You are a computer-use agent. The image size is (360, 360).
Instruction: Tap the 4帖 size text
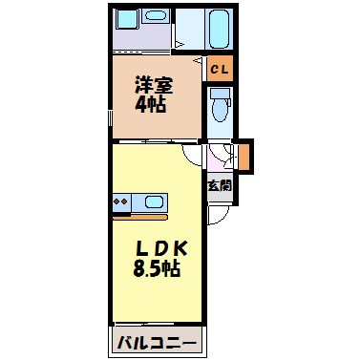click(x=151, y=104)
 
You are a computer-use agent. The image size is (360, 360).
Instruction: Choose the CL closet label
click(x=219, y=69)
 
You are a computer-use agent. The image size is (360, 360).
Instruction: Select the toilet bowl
click(x=219, y=108)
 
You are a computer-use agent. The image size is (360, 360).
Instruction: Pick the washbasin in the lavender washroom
click(x=129, y=22)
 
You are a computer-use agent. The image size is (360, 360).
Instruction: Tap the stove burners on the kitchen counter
click(x=121, y=202)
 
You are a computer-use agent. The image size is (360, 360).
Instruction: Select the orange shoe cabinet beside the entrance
click(x=244, y=154)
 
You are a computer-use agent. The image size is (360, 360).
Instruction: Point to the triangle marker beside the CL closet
click(x=200, y=61)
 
